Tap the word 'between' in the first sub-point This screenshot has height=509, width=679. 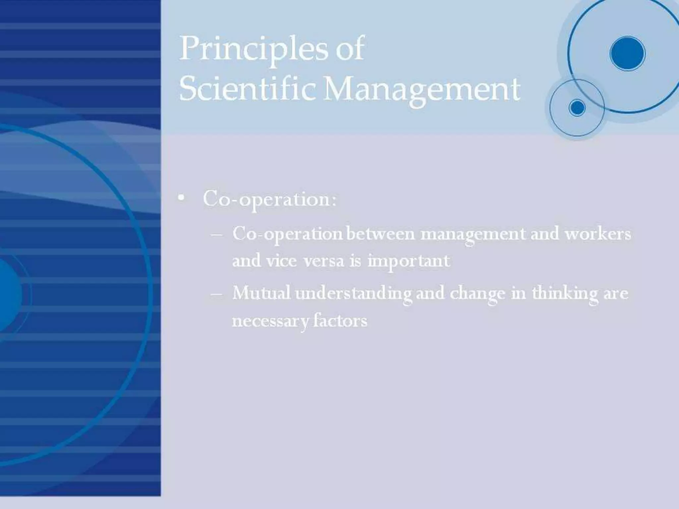coord(381,234)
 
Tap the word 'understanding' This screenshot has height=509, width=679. coord(353,294)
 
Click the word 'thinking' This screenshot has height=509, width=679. coord(565,294)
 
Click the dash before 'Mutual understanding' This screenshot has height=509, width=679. coord(216,294)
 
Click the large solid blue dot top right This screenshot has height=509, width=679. coord(627,54)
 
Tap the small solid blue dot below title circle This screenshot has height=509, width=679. coord(577,108)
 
